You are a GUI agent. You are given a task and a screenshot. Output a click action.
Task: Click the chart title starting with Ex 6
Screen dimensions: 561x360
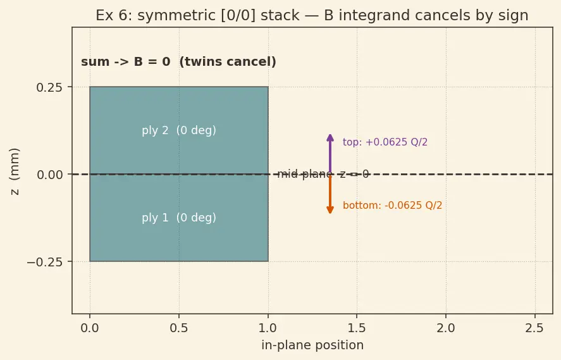pos(312,15)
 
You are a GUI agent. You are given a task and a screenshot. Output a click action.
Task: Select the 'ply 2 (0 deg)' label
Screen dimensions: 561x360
pos(179,130)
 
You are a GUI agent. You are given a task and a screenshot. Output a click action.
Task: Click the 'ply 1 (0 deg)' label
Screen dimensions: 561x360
pos(179,218)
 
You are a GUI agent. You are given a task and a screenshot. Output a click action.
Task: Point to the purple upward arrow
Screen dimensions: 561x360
pos(330,154)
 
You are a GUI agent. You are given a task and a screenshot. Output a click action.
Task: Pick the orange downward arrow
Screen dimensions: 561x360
pos(330,194)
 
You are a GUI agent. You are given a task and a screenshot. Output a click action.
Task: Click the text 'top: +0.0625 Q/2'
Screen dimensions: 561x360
pos(385,142)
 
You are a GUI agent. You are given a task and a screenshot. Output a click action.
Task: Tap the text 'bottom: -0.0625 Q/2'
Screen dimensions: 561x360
pos(393,206)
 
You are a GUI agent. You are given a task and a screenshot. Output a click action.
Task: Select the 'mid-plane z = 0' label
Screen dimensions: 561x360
pos(323,174)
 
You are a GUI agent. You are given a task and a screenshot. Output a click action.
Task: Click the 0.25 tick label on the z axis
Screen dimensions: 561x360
pos(49,87)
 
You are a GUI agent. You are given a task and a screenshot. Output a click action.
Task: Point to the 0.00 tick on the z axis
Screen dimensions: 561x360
pos(49,175)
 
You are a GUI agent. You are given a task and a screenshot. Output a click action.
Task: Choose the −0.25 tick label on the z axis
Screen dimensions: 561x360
pos(45,262)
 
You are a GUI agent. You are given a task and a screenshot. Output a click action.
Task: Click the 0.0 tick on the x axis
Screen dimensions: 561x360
pos(89,328)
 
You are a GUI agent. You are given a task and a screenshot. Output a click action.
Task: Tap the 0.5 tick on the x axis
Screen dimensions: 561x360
pos(179,328)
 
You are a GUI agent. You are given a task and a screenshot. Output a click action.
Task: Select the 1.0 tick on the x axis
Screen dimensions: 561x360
pos(268,328)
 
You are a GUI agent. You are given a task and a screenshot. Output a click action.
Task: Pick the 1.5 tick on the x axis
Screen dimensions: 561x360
pos(357,328)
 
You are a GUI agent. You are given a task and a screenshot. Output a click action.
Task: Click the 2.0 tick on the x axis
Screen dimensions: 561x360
pos(446,328)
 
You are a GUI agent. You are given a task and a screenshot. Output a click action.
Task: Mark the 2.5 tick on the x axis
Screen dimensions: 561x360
pos(535,328)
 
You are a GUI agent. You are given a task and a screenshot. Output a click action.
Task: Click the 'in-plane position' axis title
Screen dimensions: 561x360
pos(312,345)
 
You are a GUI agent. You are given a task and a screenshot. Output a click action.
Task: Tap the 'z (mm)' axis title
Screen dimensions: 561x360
pos(15,171)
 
